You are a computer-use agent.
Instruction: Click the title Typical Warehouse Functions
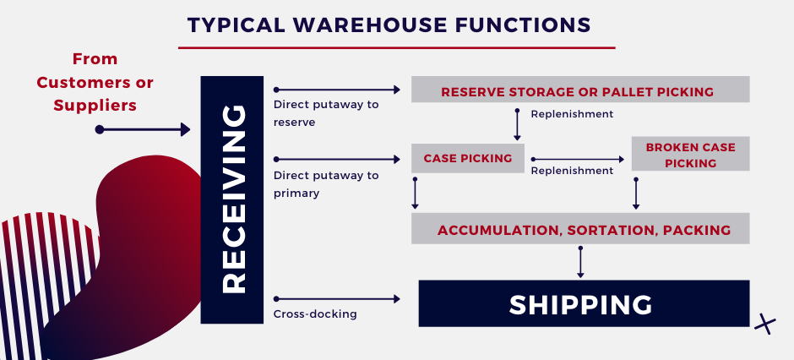389,23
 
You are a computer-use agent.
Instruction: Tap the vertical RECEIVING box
232,199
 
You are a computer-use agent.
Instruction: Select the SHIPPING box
584,303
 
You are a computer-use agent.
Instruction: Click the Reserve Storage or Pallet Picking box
579,90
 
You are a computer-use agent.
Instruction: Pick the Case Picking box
468,158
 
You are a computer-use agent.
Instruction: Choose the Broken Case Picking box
690,154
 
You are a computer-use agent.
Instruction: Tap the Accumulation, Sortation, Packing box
579,229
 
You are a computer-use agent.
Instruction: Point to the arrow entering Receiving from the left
144,129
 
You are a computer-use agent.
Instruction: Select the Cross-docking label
315,314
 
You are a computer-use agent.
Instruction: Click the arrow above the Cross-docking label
336,298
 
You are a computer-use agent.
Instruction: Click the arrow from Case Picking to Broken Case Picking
577,158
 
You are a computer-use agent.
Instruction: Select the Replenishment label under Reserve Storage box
571,114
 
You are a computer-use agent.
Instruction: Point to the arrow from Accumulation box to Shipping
580,262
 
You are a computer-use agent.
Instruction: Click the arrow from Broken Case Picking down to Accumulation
636,193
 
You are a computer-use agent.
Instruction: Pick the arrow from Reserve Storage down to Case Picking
516,124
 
